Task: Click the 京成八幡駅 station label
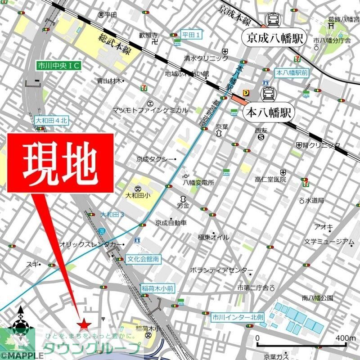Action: pyautogui.click(x=274, y=38)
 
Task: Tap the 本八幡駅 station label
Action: pyautogui.click(x=268, y=112)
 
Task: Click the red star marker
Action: pyautogui.click(x=83, y=324)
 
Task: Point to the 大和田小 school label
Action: pyautogui.click(x=137, y=196)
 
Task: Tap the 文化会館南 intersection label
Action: pyautogui.click(x=143, y=259)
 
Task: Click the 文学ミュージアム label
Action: pyautogui.click(x=328, y=242)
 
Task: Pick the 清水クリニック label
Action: pyautogui.click(x=206, y=58)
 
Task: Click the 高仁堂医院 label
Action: pyautogui.click(x=270, y=180)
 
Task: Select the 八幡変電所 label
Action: pyautogui.click(x=198, y=183)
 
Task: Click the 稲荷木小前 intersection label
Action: pyautogui.click(x=157, y=288)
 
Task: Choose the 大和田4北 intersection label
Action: pyautogui.click(x=51, y=120)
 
